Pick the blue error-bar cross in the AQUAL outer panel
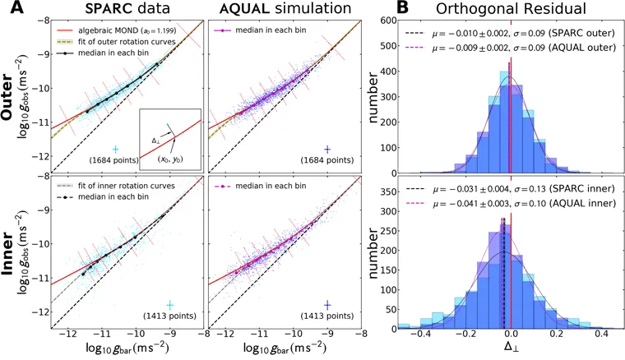327,149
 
